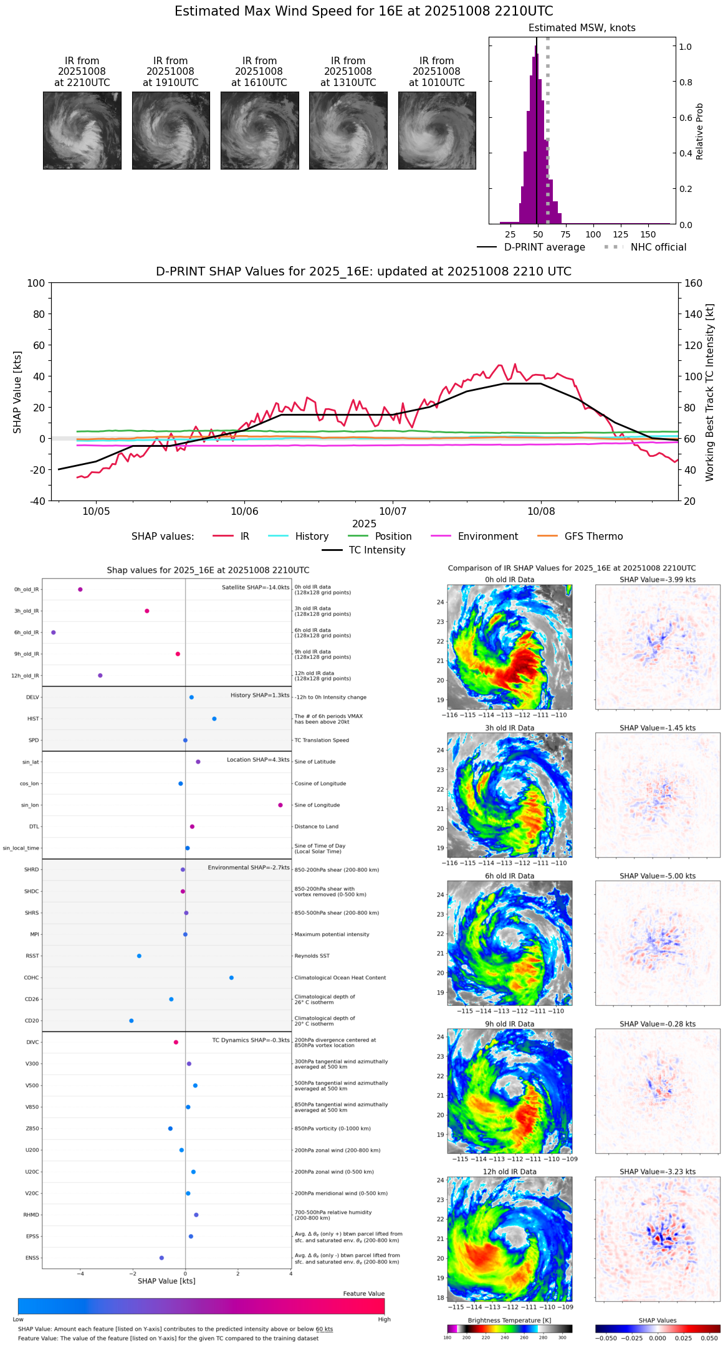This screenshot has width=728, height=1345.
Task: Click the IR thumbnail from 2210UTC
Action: tap(82, 130)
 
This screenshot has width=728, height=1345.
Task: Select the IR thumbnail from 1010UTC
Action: tap(437, 130)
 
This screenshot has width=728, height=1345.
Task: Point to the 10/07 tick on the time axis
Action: tap(393, 511)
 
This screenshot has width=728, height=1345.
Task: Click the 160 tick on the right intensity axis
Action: tap(694, 284)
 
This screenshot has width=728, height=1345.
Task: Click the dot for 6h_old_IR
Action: tap(54, 632)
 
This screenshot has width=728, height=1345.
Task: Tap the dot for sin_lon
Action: tap(280, 805)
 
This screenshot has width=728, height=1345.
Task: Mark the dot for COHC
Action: tap(231, 977)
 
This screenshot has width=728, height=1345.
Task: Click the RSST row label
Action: tap(32, 956)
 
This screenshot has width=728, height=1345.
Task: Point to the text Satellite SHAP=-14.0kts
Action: tap(256, 587)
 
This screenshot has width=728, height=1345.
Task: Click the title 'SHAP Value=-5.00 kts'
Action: tap(658, 876)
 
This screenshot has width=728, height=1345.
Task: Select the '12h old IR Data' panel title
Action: tap(509, 1172)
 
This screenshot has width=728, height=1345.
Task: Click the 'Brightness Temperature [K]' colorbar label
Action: tap(509, 1320)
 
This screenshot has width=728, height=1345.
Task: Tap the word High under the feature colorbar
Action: tap(384, 1319)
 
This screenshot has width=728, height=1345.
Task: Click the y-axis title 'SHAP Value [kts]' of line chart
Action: tap(17, 392)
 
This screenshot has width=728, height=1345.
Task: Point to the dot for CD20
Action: tap(131, 1021)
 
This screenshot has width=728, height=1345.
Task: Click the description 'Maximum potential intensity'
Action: tap(332, 934)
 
